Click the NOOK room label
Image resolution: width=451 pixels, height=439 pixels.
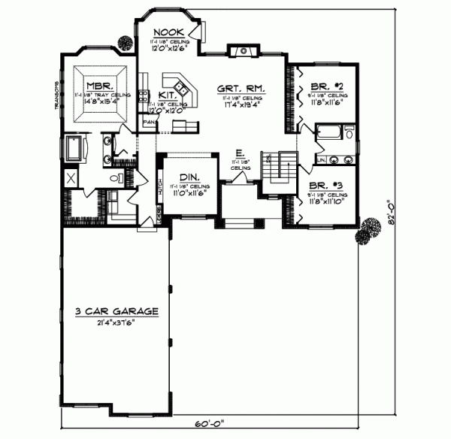click(165, 32)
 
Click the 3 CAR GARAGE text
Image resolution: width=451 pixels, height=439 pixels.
click(115, 310)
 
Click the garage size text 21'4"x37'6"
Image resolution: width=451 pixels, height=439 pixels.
click(115, 322)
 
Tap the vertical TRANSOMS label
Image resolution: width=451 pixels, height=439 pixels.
click(57, 94)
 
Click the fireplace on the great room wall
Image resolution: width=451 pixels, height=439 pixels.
click(242, 50)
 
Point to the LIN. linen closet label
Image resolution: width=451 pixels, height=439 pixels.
click(321, 159)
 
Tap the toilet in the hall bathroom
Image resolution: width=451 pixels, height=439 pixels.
click(350, 136)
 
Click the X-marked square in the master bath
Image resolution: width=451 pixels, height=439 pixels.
click(71, 178)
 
